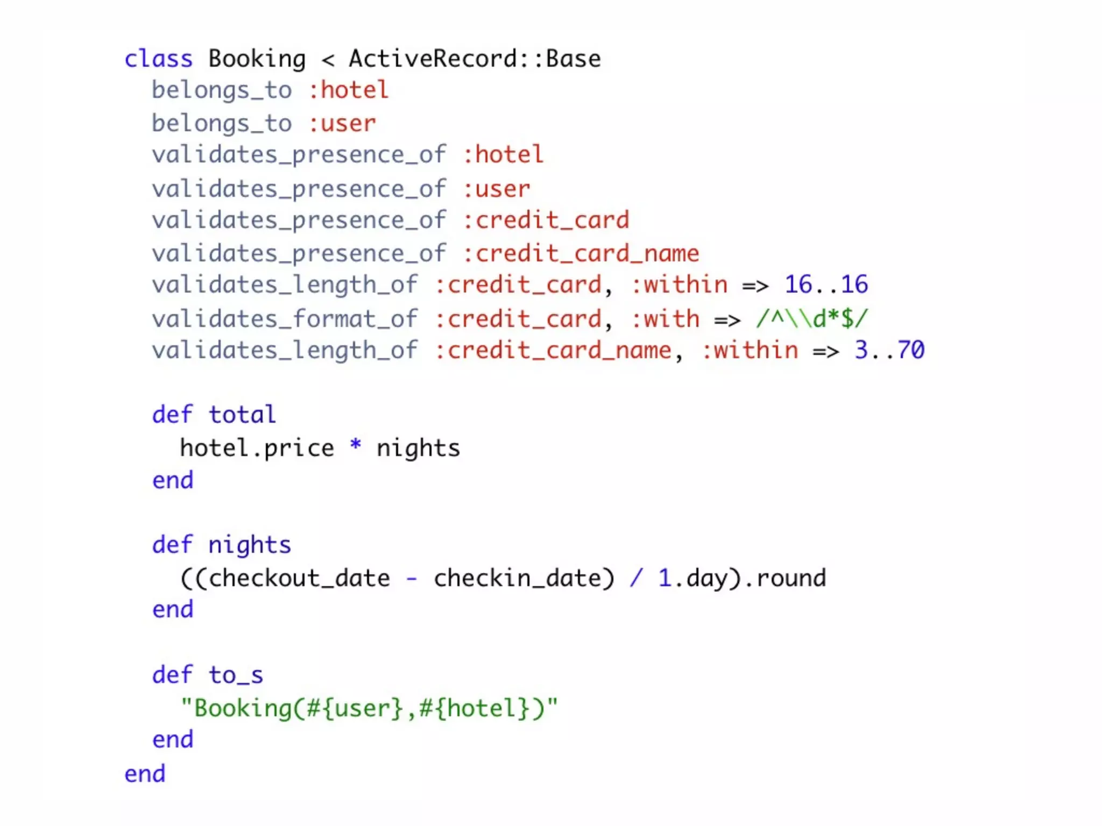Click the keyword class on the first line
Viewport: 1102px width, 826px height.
click(x=158, y=59)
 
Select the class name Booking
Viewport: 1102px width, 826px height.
click(x=257, y=59)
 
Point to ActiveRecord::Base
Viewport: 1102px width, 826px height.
click(x=475, y=59)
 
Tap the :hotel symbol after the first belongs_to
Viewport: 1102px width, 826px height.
click(x=348, y=90)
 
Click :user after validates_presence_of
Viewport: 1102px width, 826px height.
click(x=496, y=189)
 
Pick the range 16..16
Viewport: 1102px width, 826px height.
click(x=826, y=284)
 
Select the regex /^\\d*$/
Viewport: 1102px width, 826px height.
click(x=812, y=319)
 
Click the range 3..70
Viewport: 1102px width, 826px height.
click(x=889, y=350)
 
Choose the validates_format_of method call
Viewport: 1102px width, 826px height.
click(x=285, y=319)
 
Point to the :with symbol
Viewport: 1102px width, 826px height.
click(x=665, y=319)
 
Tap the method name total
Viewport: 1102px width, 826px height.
click(x=242, y=415)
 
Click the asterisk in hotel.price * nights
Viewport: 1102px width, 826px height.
click(x=355, y=446)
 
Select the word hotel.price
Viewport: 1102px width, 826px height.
click(x=257, y=448)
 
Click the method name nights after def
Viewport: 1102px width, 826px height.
click(x=250, y=545)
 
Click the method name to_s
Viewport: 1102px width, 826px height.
click(x=236, y=675)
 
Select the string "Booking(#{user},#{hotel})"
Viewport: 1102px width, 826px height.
click(x=369, y=708)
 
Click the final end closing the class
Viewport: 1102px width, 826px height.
click(x=145, y=774)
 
